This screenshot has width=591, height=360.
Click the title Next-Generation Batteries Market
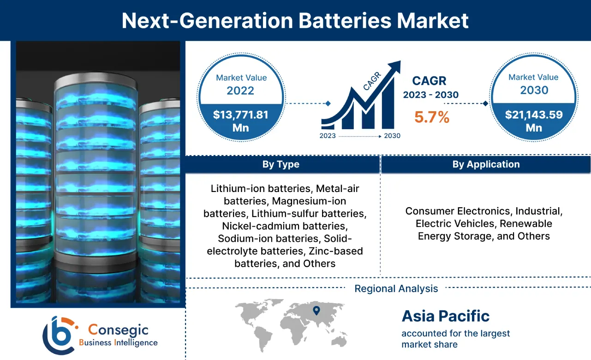[295, 21]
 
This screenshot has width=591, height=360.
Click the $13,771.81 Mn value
[240, 120]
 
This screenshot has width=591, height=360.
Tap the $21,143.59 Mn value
[534, 120]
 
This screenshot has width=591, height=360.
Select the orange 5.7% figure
[432, 117]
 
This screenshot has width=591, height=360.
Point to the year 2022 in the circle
[240, 90]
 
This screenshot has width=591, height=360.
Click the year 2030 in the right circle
[534, 90]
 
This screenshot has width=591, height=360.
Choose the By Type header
[281, 164]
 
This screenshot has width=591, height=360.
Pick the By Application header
[486, 164]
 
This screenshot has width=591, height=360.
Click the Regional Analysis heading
[396, 289]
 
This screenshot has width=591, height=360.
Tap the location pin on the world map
[316, 310]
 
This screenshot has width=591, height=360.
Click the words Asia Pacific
[445, 316]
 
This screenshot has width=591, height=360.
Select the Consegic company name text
[118, 330]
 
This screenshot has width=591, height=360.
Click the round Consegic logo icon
[59, 335]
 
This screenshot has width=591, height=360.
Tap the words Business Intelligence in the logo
[118, 342]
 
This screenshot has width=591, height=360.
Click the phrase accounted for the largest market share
[455, 339]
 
